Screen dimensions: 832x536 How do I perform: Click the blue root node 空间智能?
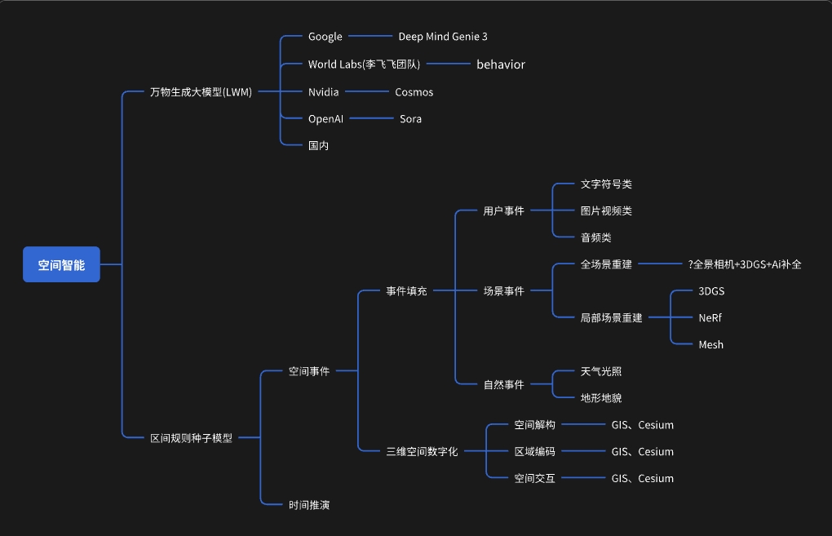[61, 264]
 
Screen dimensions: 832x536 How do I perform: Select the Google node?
[325, 37]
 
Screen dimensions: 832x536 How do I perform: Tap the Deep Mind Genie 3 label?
[443, 37]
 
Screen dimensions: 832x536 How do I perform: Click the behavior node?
[501, 64]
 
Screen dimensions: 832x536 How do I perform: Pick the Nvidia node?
[324, 92]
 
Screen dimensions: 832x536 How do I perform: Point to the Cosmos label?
[414, 92]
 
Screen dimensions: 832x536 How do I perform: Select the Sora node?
[410, 119]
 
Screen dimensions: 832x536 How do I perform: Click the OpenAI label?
[325, 119]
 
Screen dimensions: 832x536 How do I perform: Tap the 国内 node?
[318, 145]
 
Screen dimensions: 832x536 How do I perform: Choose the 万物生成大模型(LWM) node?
[201, 92]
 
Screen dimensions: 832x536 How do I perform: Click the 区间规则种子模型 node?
[192, 438]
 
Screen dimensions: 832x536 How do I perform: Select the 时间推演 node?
[309, 505]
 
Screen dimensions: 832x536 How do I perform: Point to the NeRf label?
[710, 318]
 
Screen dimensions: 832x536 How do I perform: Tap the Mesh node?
[711, 344]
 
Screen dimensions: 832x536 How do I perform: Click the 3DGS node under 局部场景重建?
[711, 290]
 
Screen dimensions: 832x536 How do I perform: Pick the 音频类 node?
[596, 237]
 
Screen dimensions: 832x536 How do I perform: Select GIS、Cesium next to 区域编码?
[643, 452]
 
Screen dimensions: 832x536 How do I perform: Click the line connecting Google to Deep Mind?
[370, 36]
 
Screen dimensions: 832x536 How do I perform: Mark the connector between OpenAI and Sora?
[371, 118]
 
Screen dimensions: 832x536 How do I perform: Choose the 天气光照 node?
[601, 371]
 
